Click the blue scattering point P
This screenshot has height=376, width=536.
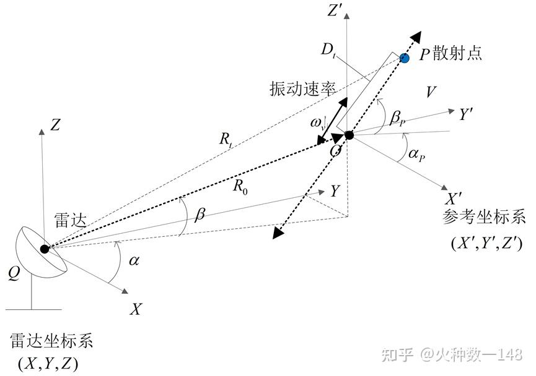pyautogui.click(x=405, y=58)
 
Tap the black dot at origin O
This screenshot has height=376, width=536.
pyautogui.click(x=349, y=135)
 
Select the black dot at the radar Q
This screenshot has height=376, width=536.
pyautogui.click(x=45, y=249)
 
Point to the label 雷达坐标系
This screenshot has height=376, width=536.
pyautogui.click(x=51, y=341)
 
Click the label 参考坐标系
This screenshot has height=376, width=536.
pyautogui.click(x=485, y=218)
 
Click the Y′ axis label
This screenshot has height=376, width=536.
pyautogui.click(x=467, y=115)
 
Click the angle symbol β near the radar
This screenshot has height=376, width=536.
pyautogui.click(x=199, y=216)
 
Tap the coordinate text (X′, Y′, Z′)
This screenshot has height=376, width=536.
pyautogui.click(x=486, y=243)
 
